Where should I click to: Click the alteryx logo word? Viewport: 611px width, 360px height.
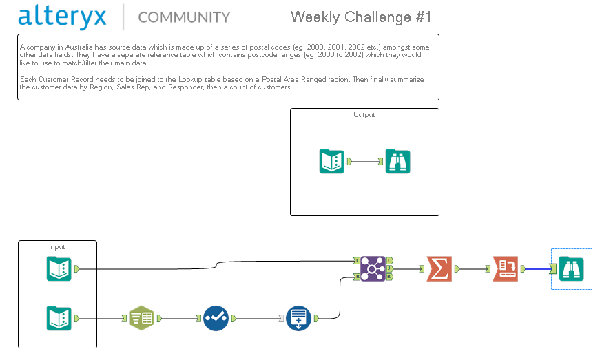63,17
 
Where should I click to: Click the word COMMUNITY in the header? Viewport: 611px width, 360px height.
184,17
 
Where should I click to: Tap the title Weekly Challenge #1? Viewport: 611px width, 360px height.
361,17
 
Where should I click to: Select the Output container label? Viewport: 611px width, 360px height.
364,115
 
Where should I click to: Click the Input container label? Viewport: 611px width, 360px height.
57,246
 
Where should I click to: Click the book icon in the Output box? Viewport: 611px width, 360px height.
332,162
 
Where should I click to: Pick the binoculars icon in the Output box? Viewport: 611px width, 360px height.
397,162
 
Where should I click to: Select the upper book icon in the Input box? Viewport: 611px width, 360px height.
59,268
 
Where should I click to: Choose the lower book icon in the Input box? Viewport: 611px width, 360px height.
59,319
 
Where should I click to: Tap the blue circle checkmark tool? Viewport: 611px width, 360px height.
216,319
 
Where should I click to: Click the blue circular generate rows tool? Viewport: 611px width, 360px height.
298,319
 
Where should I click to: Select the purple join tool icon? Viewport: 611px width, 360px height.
372,268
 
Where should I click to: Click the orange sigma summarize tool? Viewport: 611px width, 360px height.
439,268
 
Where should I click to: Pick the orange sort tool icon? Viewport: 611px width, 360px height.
505,268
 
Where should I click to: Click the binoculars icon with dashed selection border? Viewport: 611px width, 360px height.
572,268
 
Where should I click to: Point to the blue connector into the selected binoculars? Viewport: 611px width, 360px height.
537,268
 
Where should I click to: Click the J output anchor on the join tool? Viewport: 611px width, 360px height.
391,268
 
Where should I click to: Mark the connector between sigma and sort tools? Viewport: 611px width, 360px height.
472,268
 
